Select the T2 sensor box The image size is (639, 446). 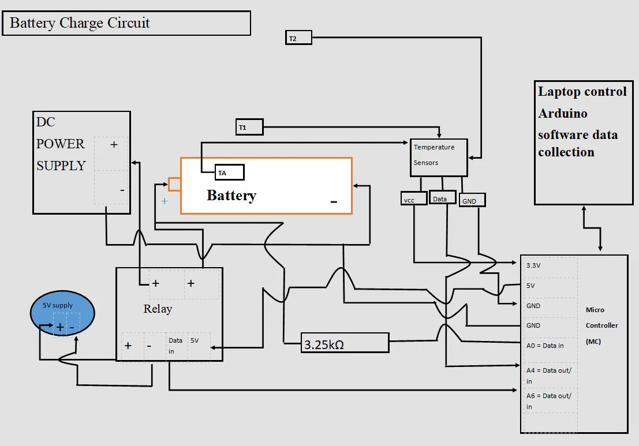pos(298,38)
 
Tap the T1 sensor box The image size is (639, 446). pos(249,127)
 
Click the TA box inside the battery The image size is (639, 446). pos(229,173)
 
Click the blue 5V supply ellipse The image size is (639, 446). pos(62,314)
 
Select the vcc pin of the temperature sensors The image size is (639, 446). pos(414,198)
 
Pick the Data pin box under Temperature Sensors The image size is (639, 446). pos(443,198)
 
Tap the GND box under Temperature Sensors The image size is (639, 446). pos(472,200)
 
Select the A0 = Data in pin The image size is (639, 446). pos(548,345)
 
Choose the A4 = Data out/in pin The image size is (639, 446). pos(548,375)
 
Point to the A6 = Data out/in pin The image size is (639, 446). pos(548,401)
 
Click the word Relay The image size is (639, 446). pos(158,309)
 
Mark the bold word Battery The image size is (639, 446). pos(231,196)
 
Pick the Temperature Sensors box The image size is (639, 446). pos(438,157)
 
